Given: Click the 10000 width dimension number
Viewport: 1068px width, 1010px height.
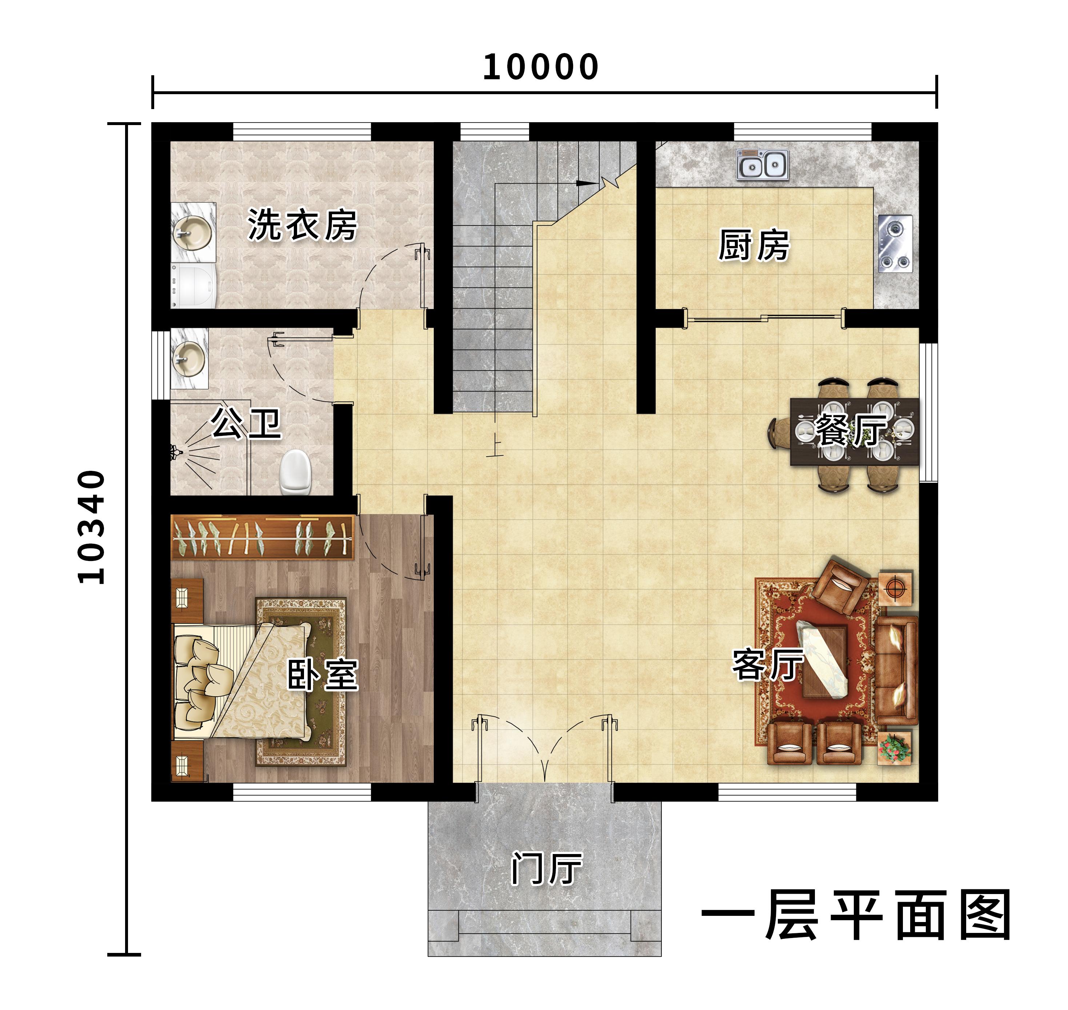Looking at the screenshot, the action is [x=540, y=67].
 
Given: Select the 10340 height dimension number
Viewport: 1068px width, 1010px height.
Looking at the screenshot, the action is [x=91, y=527].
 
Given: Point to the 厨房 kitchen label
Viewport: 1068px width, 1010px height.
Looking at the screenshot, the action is [x=754, y=245].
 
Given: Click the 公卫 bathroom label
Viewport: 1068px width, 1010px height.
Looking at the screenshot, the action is [x=246, y=423].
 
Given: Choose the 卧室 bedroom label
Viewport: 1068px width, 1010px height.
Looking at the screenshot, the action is [x=323, y=674].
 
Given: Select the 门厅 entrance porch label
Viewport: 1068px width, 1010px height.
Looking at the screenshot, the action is [x=546, y=869].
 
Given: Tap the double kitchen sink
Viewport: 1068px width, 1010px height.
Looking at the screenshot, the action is [x=763, y=165].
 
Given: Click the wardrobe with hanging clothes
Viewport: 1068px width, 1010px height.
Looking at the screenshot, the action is [x=262, y=538].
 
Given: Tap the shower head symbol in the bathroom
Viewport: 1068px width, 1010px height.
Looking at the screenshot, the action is [x=176, y=453].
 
